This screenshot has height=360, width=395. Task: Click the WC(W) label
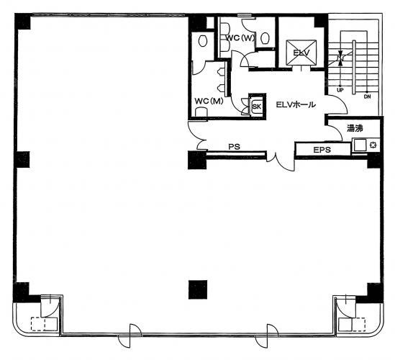pos(240,38)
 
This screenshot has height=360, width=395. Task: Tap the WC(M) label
pos(209,101)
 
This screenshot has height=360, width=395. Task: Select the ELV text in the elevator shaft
pos(301,53)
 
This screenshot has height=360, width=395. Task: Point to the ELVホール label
pos(296,104)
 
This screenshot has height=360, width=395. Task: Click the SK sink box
pos(257,106)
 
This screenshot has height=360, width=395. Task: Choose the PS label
pos(235,146)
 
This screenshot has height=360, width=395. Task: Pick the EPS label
pos(322,150)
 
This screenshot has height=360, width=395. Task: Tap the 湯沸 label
pos(355,128)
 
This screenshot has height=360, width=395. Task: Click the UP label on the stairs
pos(340,90)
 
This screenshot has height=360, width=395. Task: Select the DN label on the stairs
pos(367,96)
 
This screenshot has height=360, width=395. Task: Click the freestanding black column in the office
pos(198,289)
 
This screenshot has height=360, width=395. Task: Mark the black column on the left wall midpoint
pos(22,160)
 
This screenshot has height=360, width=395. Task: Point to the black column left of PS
pos(197,160)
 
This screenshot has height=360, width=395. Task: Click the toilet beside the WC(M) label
pos(201,112)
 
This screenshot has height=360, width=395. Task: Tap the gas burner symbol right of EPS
pos(373,145)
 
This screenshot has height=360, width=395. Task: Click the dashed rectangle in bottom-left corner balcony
pos(44,324)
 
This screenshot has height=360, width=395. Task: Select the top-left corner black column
pos(23,22)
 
